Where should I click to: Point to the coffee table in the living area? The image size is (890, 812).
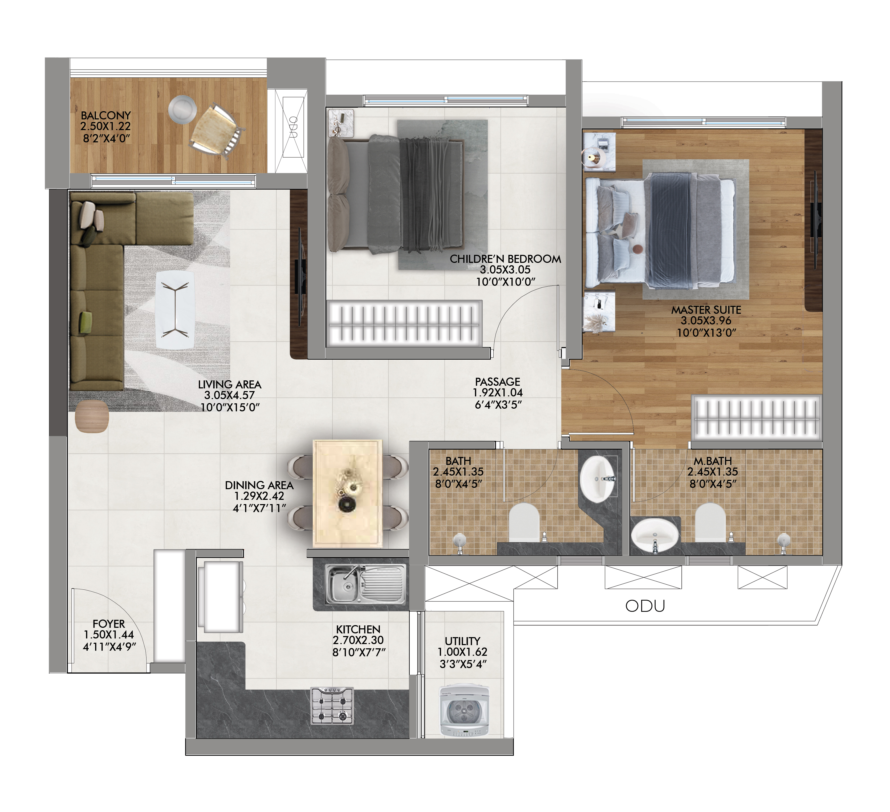[x=175, y=310]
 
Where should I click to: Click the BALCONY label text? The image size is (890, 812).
[x=106, y=115]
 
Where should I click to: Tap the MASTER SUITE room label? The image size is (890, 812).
[x=706, y=310]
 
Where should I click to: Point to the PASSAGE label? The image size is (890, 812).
[x=498, y=381]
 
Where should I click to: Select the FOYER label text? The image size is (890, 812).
[x=109, y=624]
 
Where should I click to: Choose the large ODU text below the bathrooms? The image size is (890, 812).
[x=645, y=606]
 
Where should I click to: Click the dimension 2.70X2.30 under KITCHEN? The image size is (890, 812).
[x=358, y=640]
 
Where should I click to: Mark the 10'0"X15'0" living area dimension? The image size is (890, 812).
[x=230, y=407]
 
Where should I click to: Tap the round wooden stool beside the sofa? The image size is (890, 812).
[x=92, y=417]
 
